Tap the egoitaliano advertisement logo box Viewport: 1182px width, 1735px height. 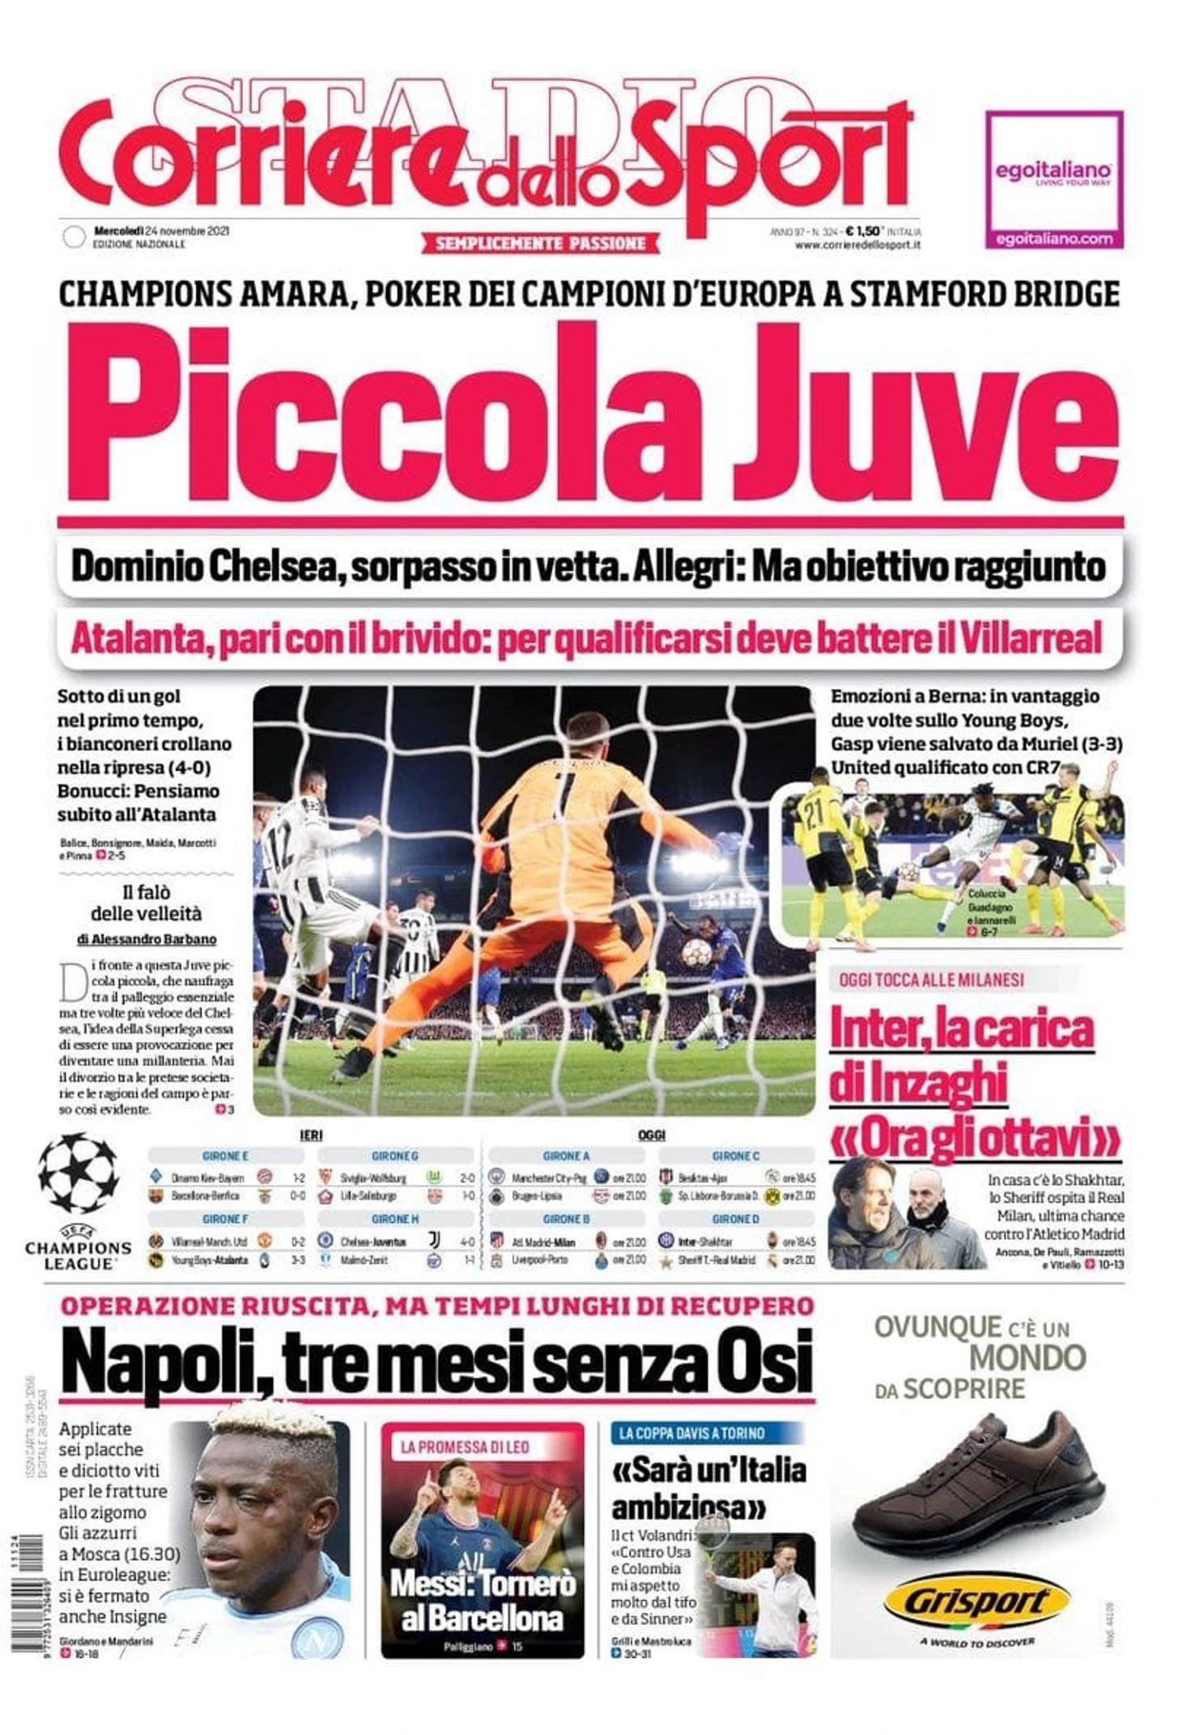(x=1053, y=180)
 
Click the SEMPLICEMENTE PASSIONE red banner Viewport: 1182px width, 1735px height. (x=540, y=243)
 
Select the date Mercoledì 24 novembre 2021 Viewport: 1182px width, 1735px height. (x=161, y=231)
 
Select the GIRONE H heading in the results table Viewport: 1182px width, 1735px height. (x=394, y=1218)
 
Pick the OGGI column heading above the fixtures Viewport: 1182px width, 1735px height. (x=651, y=1136)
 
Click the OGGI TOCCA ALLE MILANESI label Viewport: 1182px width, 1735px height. (x=931, y=980)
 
